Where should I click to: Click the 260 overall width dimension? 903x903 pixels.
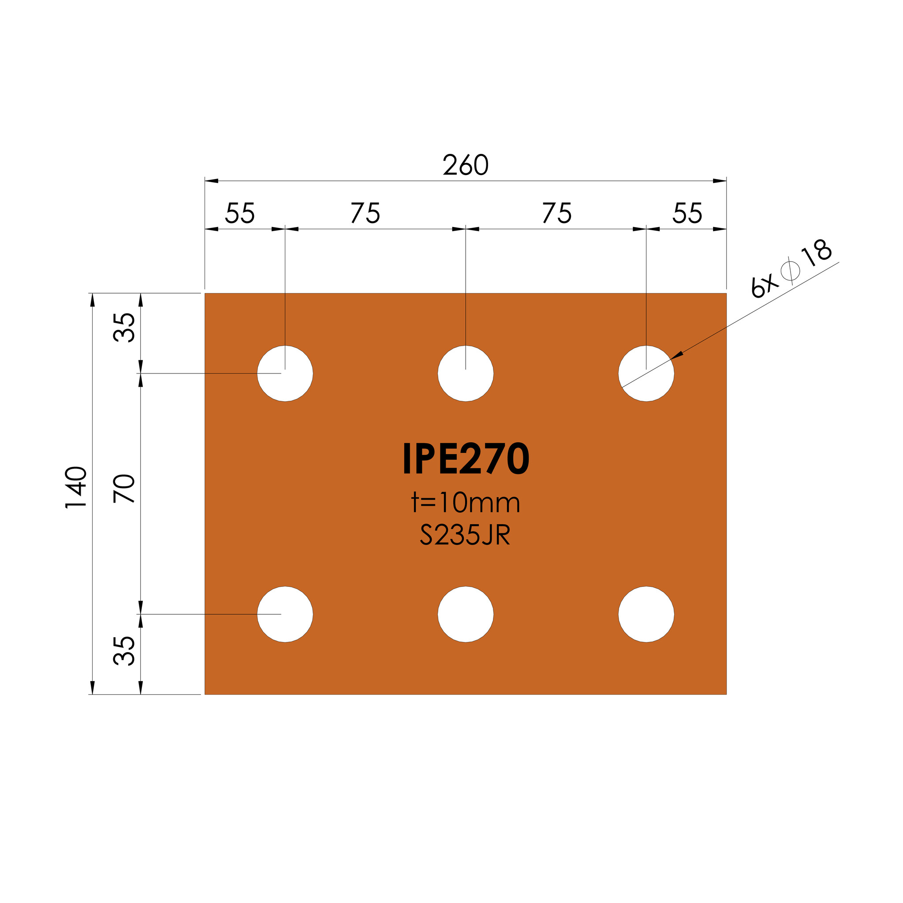[x=466, y=165]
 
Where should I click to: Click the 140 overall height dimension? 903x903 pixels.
[x=76, y=487]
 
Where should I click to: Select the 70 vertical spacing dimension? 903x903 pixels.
[x=124, y=489]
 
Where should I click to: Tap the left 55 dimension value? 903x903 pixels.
[x=240, y=213]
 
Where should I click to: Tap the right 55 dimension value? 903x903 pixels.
[x=687, y=213]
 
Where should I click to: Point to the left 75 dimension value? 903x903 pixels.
[x=366, y=213]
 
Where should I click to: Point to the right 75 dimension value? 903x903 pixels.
[x=557, y=213]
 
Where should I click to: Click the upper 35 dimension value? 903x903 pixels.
[x=124, y=327]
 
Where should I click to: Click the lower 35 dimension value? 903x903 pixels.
[x=124, y=651]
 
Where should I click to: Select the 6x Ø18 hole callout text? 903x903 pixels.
[x=791, y=268]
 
